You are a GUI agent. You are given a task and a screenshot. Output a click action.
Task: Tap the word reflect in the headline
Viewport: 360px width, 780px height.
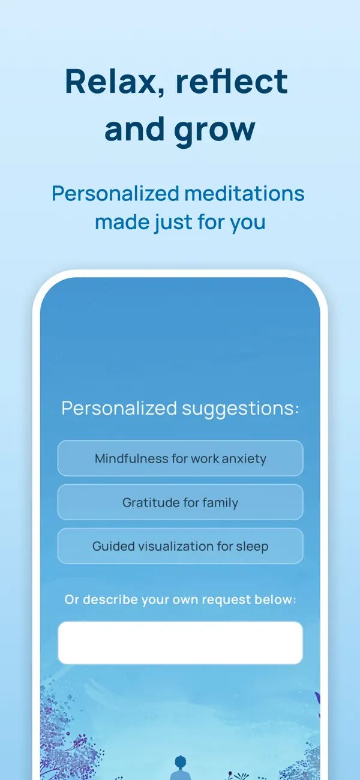[x=232, y=82]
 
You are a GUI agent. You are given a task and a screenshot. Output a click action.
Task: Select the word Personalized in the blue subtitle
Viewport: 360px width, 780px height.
[x=116, y=194]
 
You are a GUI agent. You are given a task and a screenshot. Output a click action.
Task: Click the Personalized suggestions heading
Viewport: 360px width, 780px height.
[x=180, y=409]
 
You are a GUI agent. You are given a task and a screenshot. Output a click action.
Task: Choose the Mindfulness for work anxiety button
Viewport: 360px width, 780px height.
[x=181, y=458]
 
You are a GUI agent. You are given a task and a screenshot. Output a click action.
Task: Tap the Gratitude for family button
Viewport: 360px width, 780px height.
[x=181, y=502]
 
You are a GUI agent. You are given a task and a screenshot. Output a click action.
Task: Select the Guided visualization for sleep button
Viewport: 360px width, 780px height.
[x=181, y=546]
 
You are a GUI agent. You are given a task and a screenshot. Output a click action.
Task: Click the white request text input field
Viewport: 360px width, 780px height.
[x=181, y=643]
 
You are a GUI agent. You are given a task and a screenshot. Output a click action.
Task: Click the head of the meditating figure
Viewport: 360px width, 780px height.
[x=180, y=761]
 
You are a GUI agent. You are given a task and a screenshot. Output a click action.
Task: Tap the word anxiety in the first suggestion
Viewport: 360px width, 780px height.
[x=244, y=459]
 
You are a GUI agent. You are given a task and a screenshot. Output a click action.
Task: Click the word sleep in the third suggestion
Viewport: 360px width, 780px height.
[x=252, y=547]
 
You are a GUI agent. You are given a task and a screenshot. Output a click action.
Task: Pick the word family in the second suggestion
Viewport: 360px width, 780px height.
[x=220, y=503]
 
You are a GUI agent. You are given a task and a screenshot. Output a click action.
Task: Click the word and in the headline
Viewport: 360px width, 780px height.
[x=134, y=129]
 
